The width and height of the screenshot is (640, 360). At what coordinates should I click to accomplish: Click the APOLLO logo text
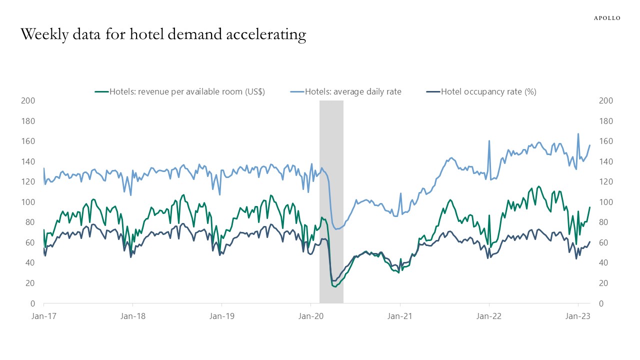(607, 18)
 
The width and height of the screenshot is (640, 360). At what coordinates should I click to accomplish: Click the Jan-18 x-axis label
(132, 316)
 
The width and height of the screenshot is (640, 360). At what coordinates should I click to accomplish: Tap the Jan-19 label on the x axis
(221, 316)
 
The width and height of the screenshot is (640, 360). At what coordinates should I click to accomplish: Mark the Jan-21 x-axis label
(400, 316)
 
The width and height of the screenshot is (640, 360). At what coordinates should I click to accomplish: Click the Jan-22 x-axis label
(489, 316)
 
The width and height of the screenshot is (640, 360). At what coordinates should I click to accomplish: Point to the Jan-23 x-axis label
(578, 316)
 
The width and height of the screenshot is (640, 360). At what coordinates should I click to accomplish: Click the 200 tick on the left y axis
(28, 100)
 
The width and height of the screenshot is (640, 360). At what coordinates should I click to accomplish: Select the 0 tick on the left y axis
(32, 303)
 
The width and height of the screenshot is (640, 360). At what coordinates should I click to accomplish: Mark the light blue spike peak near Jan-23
(578, 134)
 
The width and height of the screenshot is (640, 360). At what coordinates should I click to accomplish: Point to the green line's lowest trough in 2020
(334, 286)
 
